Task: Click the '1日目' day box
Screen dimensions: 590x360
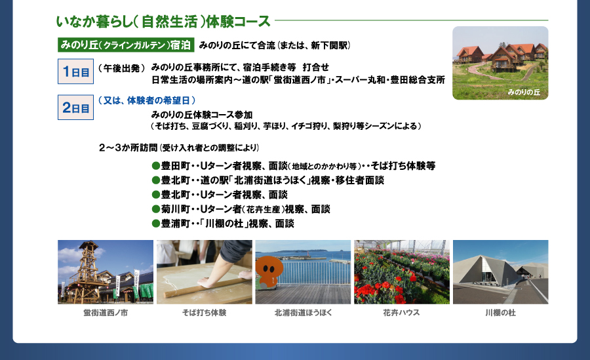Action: click(75, 71)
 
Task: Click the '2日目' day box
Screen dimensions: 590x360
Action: click(75, 108)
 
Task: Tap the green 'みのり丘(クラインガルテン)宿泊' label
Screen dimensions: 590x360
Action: click(126, 45)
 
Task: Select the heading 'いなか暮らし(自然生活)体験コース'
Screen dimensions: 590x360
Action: click(163, 22)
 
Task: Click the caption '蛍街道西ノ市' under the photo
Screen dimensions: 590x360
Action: click(106, 313)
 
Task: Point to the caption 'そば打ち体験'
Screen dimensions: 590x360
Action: click(205, 313)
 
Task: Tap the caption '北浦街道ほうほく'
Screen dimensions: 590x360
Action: click(304, 313)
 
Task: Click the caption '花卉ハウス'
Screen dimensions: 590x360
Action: click(401, 313)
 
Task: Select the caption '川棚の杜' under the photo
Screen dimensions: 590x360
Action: click(500, 313)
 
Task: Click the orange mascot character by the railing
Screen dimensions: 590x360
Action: click(269, 271)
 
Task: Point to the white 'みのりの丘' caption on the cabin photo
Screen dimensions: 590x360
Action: click(524, 92)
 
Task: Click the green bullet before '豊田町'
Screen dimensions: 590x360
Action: click(156, 166)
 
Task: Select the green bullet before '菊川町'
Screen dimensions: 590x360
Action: click(156, 209)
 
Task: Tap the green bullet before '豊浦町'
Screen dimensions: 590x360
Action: click(156, 224)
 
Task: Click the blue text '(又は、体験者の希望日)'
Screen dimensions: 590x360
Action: click(147, 100)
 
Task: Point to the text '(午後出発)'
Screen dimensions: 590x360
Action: click(121, 68)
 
